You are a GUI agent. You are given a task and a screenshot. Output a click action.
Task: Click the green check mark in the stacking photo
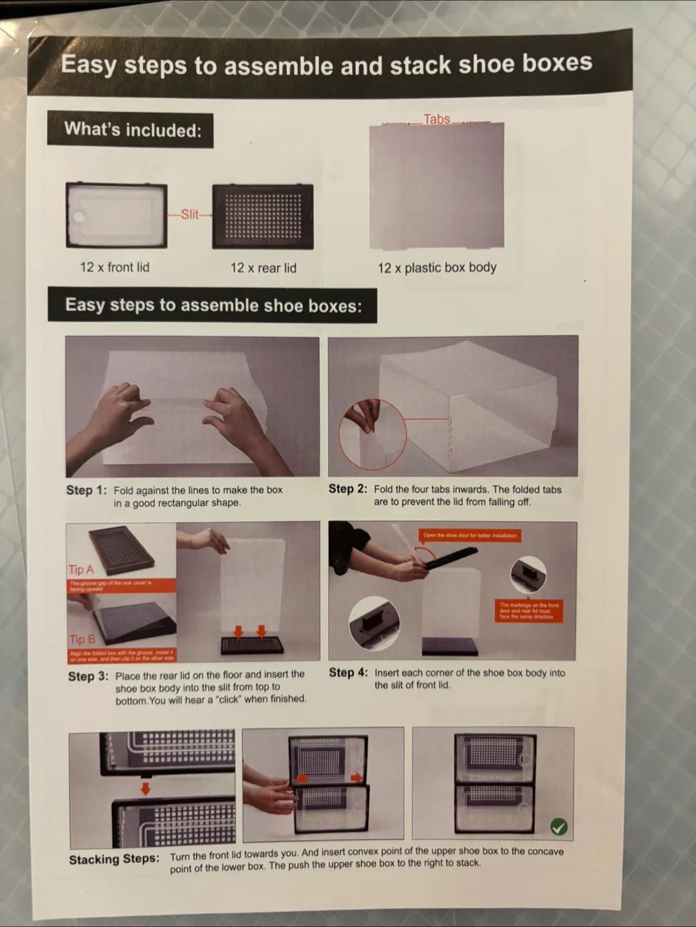[x=559, y=827]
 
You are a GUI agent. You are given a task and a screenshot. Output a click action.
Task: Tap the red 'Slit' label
[x=189, y=214]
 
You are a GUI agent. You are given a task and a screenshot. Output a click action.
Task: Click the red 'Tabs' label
[x=436, y=119]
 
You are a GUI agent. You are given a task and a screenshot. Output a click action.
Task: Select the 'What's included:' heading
[x=132, y=130]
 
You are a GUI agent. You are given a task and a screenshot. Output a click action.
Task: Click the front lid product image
[x=117, y=216]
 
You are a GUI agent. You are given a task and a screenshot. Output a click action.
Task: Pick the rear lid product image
[x=263, y=216]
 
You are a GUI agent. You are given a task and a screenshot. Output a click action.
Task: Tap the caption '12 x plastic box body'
[x=437, y=268]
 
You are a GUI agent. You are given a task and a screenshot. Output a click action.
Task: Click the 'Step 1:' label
[x=86, y=491]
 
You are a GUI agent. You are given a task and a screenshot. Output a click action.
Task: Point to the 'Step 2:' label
[x=347, y=489]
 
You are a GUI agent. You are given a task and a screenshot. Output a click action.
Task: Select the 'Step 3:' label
[x=88, y=677]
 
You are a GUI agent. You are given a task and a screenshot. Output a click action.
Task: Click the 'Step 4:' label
[x=348, y=673]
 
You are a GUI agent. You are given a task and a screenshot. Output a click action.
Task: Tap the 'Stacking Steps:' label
[x=114, y=859]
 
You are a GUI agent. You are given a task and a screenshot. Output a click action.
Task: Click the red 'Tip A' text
[x=81, y=570]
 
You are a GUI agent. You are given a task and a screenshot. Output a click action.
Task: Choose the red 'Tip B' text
[x=82, y=639]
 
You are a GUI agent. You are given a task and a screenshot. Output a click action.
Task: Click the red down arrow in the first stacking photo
[x=146, y=789]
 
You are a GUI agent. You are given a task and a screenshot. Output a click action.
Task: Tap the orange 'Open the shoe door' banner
[x=470, y=536]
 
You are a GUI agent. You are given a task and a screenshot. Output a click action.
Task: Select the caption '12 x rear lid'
[x=263, y=268]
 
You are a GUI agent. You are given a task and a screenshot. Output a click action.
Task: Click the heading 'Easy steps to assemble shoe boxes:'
[x=213, y=305]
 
